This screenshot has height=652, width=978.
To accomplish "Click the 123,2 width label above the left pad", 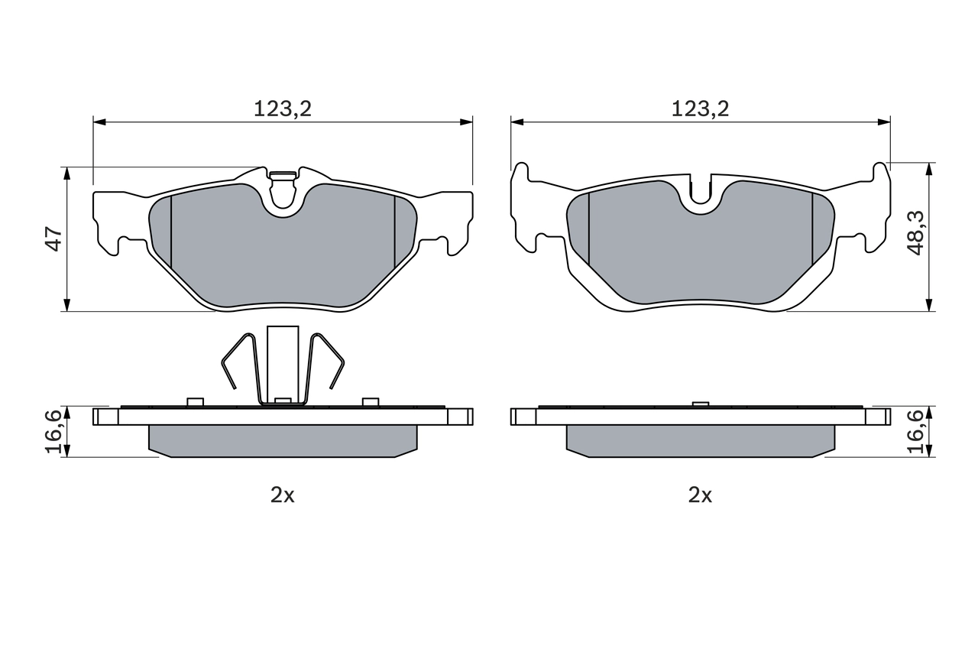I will pos(283,109).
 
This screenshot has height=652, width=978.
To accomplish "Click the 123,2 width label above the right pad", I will pos(700,109).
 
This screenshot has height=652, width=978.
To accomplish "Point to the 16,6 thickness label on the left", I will pos(53,432).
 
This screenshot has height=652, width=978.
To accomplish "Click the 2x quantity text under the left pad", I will pos(283,495).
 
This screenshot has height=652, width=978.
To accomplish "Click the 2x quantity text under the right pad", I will pos(700,495).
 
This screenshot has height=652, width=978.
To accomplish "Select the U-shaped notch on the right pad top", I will pos(701,195).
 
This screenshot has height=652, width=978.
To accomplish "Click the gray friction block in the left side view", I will pos(283,441).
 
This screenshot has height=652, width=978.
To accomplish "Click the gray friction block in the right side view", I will pos(700,441).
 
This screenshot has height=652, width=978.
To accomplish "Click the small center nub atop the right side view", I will pos(699,404).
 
